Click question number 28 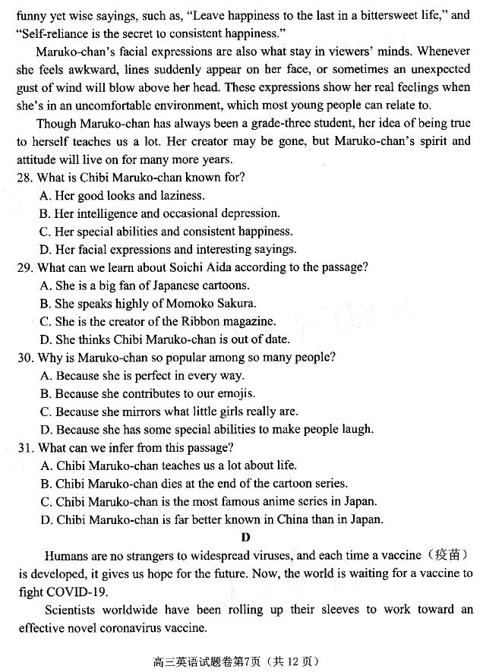(25, 178)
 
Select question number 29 (25, 267)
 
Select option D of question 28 (167, 250)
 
